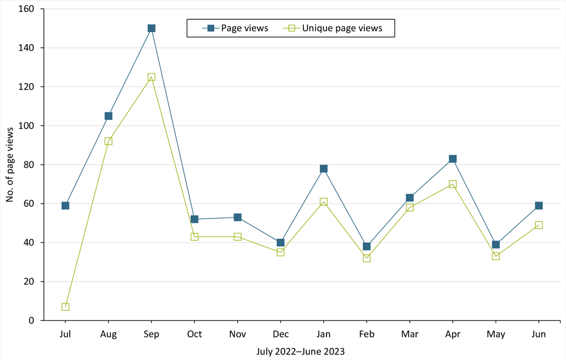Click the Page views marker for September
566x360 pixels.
click(151, 28)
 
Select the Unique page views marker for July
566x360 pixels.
click(65, 307)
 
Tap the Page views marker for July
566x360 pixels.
click(65, 205)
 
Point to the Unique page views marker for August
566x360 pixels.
click(108, 141)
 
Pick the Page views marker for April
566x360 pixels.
click(452, 159)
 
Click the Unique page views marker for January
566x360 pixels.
click(323, 202)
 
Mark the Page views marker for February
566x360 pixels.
click(366, 246)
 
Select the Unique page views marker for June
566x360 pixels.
click(538, 225)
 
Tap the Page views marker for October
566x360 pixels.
click(194, 219)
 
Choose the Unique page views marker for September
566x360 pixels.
click(151, 77)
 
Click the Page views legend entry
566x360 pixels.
click(237, 28)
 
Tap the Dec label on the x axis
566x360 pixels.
click(280, 335)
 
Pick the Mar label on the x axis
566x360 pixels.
click(409, 335)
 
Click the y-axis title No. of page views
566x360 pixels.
click(10, 165)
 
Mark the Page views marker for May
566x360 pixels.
click(495, 245)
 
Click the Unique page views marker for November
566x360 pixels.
click(237, 237)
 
